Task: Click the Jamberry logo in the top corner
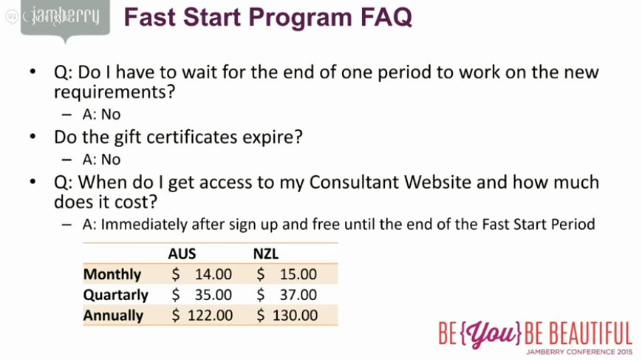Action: tap(64, 16)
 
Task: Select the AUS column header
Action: tap(182, 254)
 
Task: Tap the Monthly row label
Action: tap(112, 274)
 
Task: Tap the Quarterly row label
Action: tap(116, 295)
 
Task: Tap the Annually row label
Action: tap(114, 315)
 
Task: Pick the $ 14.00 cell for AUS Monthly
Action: tap(202, 274)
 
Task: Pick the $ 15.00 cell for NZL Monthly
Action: tap(287, 274)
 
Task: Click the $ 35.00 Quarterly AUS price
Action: tap(202, 295)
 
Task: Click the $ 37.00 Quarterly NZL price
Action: tap(287, 295)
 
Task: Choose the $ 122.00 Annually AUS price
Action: tap(202, 315)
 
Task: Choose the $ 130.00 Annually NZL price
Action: tap(287, 315)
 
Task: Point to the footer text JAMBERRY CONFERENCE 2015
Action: tap(580, 352)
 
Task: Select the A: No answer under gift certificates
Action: tap(101, 159)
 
